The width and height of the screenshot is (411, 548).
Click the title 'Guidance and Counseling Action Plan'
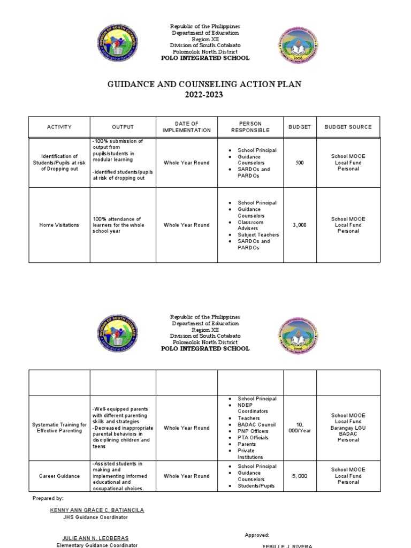click(205, 85)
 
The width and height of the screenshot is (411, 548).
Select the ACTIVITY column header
click(58, 127)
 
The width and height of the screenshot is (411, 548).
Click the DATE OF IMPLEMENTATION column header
click(187, 127)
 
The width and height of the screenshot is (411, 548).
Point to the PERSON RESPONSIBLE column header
click(250, 127)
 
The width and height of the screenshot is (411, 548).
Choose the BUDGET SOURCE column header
click(348, 127)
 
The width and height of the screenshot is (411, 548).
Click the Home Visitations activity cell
click(58, 225)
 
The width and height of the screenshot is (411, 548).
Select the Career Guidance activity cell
click(58, 476)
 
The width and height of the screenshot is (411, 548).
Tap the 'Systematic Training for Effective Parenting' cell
click(58, 428)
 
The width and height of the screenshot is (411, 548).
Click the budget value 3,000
click(300, 225)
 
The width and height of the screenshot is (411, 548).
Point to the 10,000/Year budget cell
click(300, 428)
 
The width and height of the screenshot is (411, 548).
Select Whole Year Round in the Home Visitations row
click(187, 225)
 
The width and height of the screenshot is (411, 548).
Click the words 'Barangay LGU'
click(348, 428)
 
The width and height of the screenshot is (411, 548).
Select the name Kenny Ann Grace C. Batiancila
click(97, 510)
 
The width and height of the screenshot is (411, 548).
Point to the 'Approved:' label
click(257, 535)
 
